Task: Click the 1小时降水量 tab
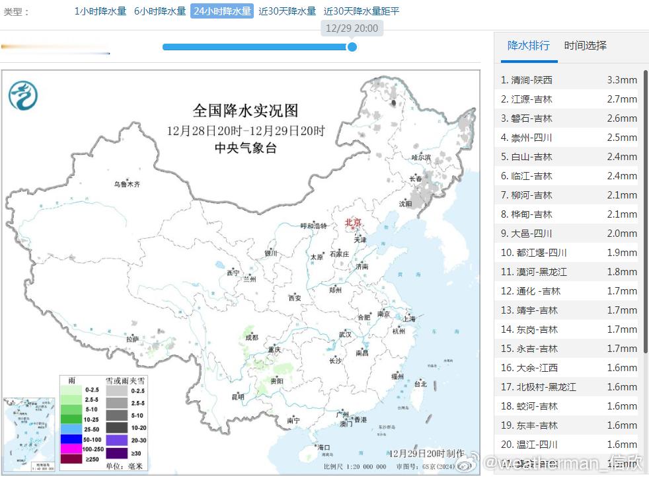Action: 100,11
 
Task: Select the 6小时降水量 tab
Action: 160,11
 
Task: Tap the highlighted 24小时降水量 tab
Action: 222,11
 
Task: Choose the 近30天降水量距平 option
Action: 362,11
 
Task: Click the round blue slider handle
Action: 352,47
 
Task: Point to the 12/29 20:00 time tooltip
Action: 352,28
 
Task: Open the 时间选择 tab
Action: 585,46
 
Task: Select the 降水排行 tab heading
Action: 528,46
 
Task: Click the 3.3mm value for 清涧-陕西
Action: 621,80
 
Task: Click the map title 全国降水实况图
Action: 245,110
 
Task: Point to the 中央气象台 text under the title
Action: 246,148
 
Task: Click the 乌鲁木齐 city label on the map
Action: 127,184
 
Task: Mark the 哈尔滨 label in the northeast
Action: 420,157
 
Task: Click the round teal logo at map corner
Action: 22,95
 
